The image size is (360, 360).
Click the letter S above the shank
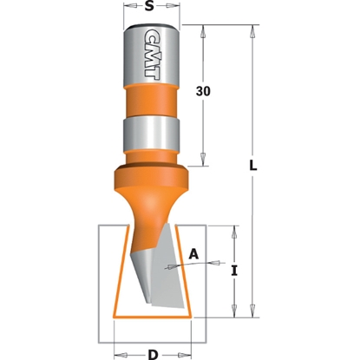[151, 8]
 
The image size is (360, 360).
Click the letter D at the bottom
[152, 353]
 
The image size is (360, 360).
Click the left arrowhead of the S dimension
[127, 8]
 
